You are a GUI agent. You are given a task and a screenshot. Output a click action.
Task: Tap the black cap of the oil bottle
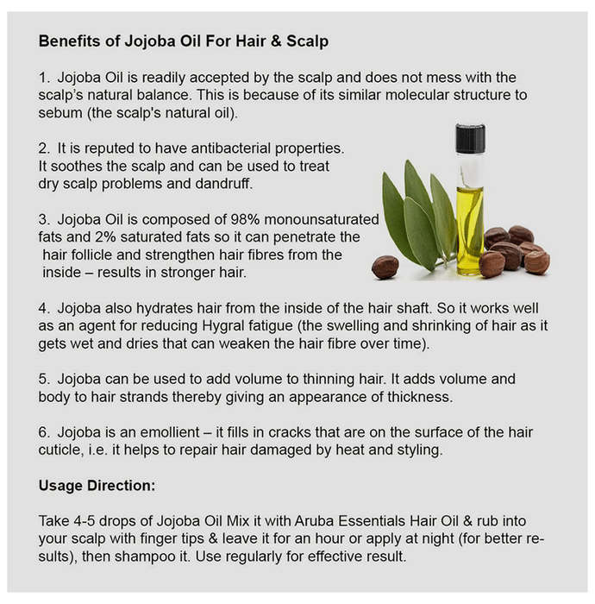click(470, 137)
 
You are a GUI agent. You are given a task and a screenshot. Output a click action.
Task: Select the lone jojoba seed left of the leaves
click(385, 267)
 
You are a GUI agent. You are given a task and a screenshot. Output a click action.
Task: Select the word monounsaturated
click(322, 219)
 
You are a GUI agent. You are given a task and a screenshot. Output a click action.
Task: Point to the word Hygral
click(222, 326)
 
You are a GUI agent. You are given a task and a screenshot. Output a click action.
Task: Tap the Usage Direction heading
click(97, 485)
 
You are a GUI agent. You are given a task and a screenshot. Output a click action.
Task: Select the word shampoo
click(145, 557)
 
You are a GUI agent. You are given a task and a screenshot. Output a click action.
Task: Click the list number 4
click(43, 308)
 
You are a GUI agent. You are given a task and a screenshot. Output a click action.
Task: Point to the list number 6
click(43, 432)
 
